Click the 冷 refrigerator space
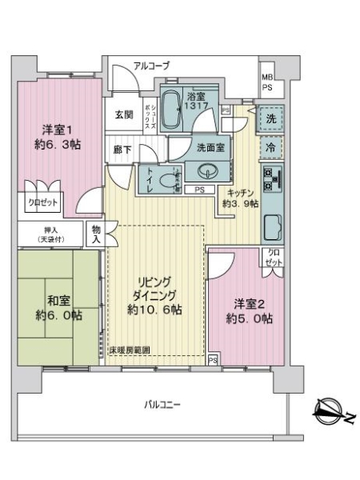270,148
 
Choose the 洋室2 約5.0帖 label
248,311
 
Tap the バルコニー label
157,405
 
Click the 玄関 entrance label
123,115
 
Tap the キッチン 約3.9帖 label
241,198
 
